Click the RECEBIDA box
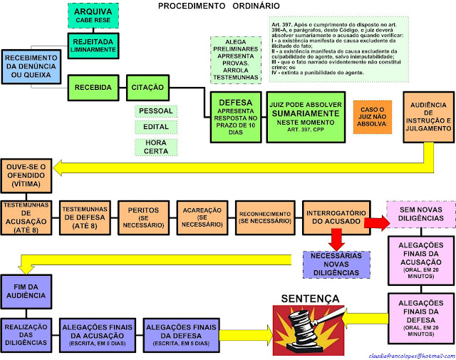click(x=92, y=87)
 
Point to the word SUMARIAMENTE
click(x=307, y=112)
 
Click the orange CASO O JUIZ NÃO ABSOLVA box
click(x=372, y=116)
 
